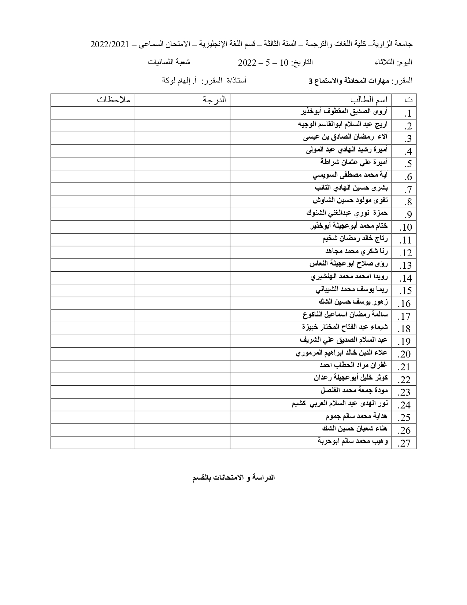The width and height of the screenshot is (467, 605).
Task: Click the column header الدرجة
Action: pyautogui.click(x=214, y=100)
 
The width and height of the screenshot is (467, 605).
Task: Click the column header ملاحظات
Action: pyautogui.click(x=114, y=100)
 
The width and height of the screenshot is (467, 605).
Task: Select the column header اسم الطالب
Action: pyautogui.click(x=371, y=100)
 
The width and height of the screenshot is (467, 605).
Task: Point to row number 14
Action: pyautogui.click(x=406, y=278)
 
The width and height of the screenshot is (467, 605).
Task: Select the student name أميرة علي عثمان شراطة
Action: pyautogui.click(x=354, y=162)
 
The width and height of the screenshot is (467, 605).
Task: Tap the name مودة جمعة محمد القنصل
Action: pyautogui.click(x=354, y=390)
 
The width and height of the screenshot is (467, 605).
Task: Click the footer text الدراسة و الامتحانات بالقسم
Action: pyautogui.click(x=234, y=478)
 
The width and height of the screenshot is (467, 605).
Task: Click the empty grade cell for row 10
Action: pyautogui.click(x=182, y=227)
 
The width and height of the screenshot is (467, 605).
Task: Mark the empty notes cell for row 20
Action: pyautogui.click(x=92, y=354)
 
